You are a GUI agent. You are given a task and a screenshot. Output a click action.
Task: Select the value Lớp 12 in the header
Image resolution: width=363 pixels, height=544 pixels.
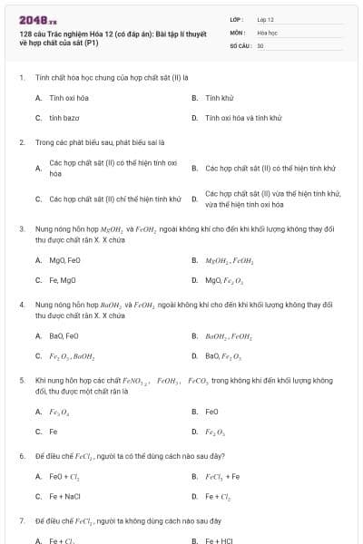click(265, 19)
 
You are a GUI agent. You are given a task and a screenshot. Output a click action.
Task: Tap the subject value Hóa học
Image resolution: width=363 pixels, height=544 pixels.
click(267, 32)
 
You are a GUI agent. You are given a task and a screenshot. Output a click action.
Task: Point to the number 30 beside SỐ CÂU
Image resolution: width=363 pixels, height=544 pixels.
click(260, 44)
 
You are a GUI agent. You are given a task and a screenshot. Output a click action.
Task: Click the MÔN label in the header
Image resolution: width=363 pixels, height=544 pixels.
click(238, 32)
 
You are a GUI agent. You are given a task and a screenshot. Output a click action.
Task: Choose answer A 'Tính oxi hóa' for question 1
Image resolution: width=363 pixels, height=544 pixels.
click(69, 97)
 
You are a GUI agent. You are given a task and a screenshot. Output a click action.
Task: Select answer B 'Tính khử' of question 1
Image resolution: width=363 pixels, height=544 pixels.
click(220, 97)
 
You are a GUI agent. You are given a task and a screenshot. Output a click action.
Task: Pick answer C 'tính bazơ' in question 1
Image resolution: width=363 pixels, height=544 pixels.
click(64, 118)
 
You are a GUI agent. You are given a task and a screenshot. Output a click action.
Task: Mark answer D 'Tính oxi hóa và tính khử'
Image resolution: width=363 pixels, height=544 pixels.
click(243, 118)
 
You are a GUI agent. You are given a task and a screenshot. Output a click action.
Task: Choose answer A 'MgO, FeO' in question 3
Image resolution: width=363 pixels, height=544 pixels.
click(65, 260)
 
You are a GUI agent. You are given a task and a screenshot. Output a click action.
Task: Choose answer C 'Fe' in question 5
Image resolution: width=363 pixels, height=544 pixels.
click(54, 432)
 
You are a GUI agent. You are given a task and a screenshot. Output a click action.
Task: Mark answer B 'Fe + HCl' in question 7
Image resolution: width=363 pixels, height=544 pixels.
click(220, 540)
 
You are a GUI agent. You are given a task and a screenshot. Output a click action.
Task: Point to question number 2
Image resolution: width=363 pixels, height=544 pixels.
click(22, 142)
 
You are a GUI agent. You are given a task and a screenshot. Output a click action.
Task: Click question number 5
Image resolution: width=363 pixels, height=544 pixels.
click(22, 380)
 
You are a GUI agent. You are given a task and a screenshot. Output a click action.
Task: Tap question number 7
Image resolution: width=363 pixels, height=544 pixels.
click(22, 521)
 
